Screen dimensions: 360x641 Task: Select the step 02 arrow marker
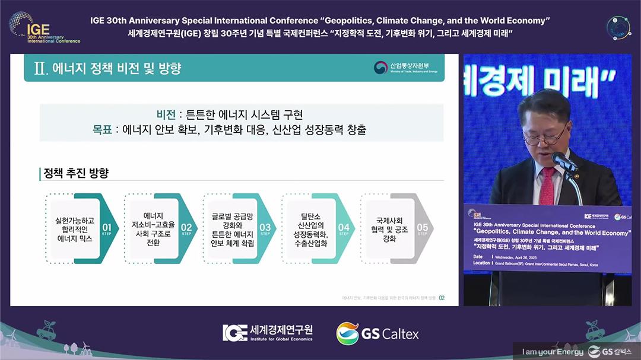[186, 228]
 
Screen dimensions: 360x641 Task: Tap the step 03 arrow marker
[265, 228]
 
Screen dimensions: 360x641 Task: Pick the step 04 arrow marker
[344, 228]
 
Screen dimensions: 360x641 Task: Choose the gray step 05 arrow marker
[423, 228]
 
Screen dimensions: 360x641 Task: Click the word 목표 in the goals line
[101, 129]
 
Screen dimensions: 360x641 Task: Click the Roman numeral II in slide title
[40, 68]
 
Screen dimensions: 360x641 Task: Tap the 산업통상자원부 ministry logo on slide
[406, 68]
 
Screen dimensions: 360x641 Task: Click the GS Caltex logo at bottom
[377, 334]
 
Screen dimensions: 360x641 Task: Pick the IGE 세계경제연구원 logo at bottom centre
[268, 333]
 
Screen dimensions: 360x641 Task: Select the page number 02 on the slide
[442, 298]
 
